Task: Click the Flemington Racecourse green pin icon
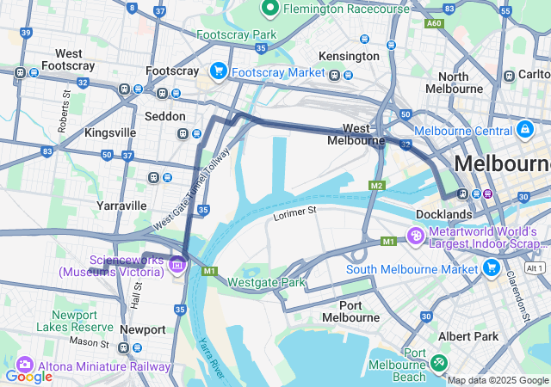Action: pos(269,9)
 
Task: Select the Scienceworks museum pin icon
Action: pos(177,264)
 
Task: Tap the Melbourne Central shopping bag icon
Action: pos(523,130)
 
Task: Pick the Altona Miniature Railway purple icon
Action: pos(24,365)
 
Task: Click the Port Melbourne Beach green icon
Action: pos(440,364)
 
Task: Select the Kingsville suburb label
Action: pos(110,133)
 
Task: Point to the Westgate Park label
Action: pos(267,282)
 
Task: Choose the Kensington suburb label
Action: pos(349,56)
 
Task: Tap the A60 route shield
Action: pos(434,23)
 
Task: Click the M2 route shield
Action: pos(376,186)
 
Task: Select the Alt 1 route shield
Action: pos(535,268)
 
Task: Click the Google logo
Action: pos(28,376)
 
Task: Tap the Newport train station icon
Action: pos(126,347)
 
